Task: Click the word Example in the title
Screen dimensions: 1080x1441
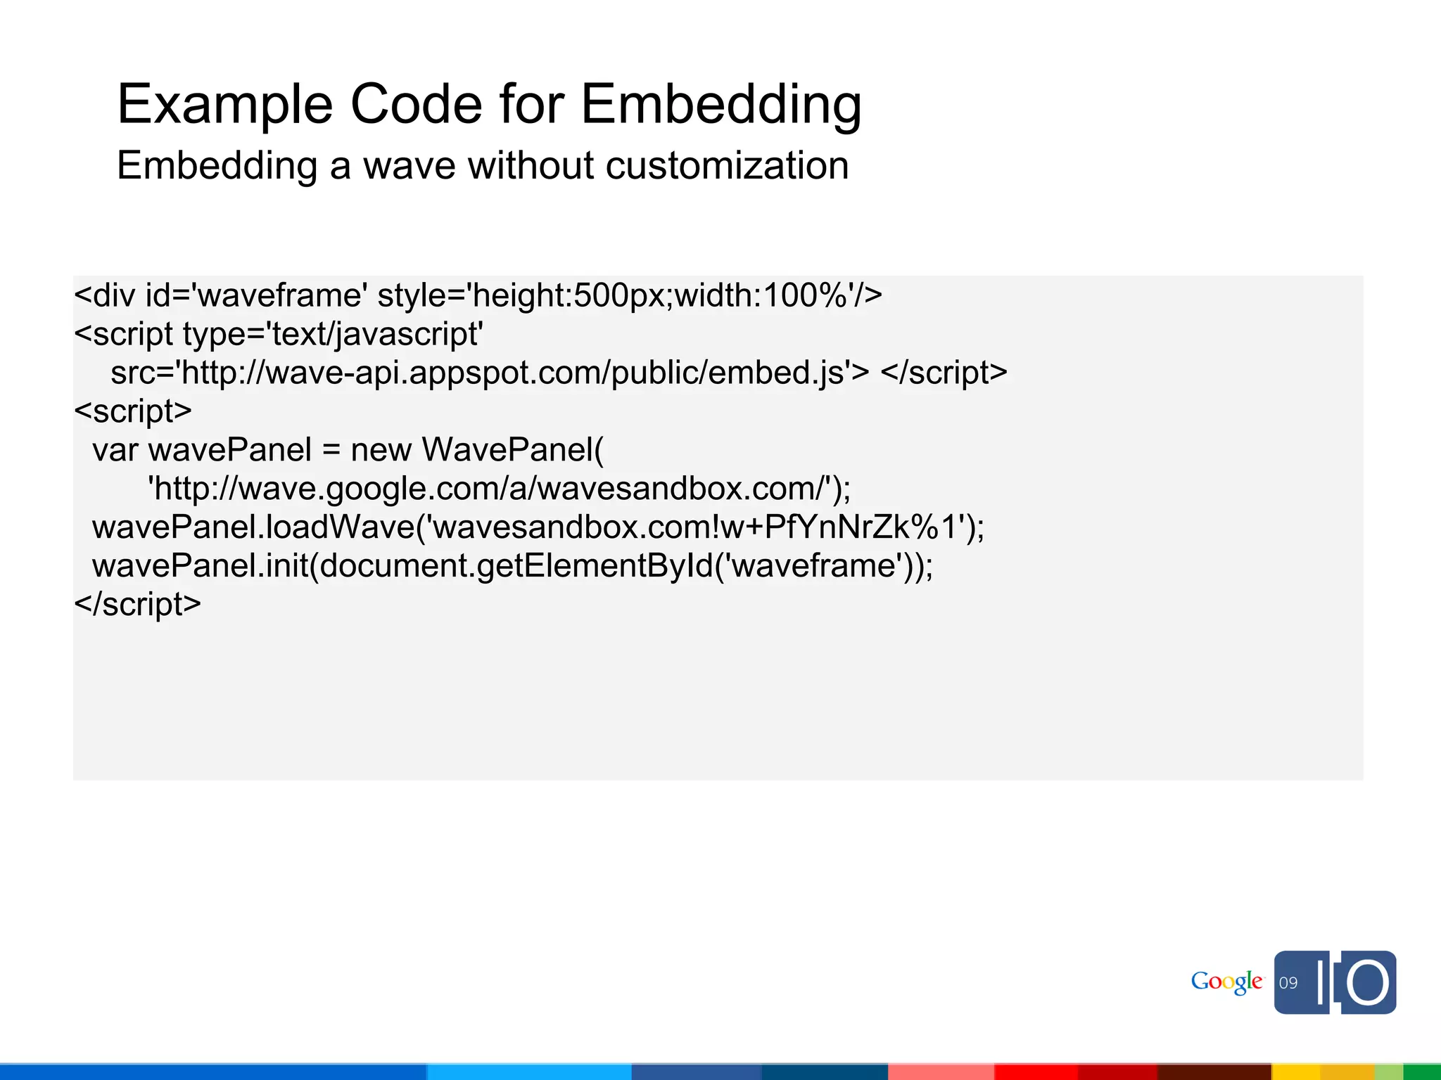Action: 224,105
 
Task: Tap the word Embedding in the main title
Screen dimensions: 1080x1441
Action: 721,105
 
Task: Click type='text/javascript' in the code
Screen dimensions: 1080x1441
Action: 333,334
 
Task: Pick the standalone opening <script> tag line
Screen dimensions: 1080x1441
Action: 133,411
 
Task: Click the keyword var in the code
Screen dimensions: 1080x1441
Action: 115,450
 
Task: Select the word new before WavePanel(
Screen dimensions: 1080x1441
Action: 381,450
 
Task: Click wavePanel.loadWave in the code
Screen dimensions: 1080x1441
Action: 253,527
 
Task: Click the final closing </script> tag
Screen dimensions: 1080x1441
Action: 138,605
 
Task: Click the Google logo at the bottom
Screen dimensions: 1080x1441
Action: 1226,982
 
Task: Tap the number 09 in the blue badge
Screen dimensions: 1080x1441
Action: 1288,983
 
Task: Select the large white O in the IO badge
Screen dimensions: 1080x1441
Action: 1368,983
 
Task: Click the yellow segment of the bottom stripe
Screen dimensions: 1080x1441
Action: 1323,1072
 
